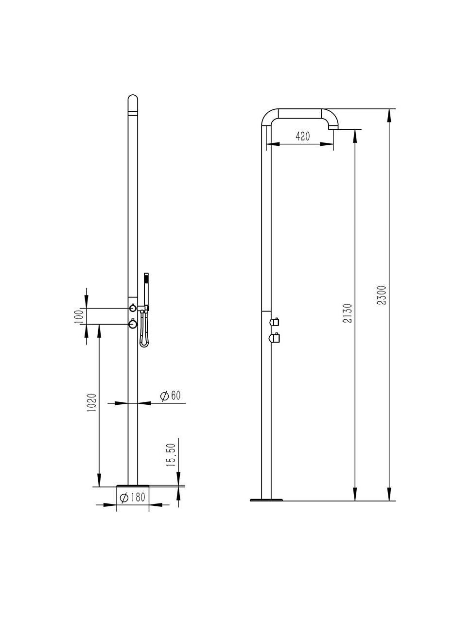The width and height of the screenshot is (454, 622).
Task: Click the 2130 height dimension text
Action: coord(348,314)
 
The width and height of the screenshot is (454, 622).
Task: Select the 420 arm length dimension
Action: coord(302,137)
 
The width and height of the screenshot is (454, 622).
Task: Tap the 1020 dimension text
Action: coord(91,402)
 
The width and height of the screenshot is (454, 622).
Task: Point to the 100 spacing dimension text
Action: coord(80,316)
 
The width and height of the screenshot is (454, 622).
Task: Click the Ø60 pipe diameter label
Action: coord(171,396)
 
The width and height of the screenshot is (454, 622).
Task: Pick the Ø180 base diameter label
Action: coord(133,498)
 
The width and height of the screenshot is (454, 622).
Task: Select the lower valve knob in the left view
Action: coord(132,324)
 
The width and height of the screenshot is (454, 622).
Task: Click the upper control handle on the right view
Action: coord(275,321)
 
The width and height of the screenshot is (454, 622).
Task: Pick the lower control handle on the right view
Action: coord(275,338)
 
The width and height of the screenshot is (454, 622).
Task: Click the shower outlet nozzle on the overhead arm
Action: coord(333,127)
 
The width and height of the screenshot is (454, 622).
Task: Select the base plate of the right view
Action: coord(266,500)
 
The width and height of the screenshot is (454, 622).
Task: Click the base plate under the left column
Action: coord(132,485)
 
